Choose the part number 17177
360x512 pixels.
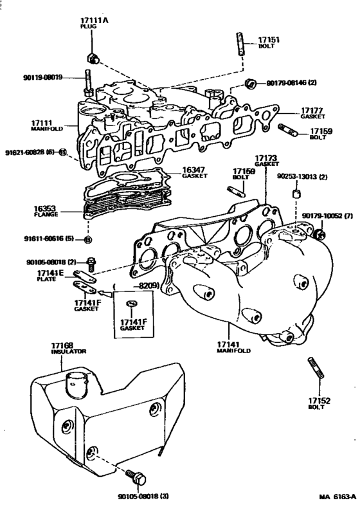pyautogui.click(x=310, y=110)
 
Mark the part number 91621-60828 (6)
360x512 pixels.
pyautogui.click(x=30, y=152)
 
